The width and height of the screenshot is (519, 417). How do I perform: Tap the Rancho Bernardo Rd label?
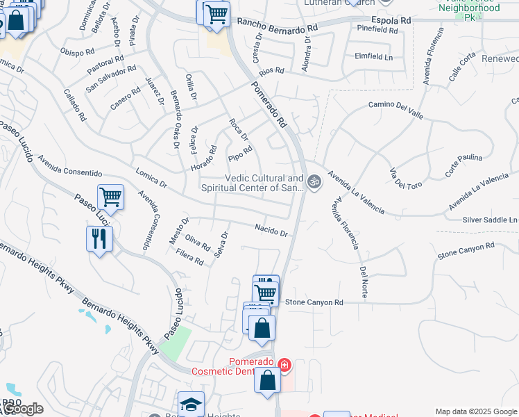point(277,26)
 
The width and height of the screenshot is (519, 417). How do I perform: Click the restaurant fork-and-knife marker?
point(100,239)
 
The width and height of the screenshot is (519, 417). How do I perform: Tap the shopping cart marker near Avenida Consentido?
point(110,197)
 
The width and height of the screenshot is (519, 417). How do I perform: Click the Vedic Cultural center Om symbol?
point(314,181)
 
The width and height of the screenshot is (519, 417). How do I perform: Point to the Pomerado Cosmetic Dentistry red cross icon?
point(284,364)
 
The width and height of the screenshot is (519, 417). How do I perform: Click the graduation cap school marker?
point(191,404)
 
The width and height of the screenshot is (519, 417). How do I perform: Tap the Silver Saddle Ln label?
point(490,220)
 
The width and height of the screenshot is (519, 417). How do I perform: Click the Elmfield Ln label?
point(373,56)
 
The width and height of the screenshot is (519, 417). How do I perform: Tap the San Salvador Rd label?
point(111,79)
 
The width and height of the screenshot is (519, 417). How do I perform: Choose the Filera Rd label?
point(189,258)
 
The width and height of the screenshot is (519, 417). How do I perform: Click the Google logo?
point(22,409)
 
